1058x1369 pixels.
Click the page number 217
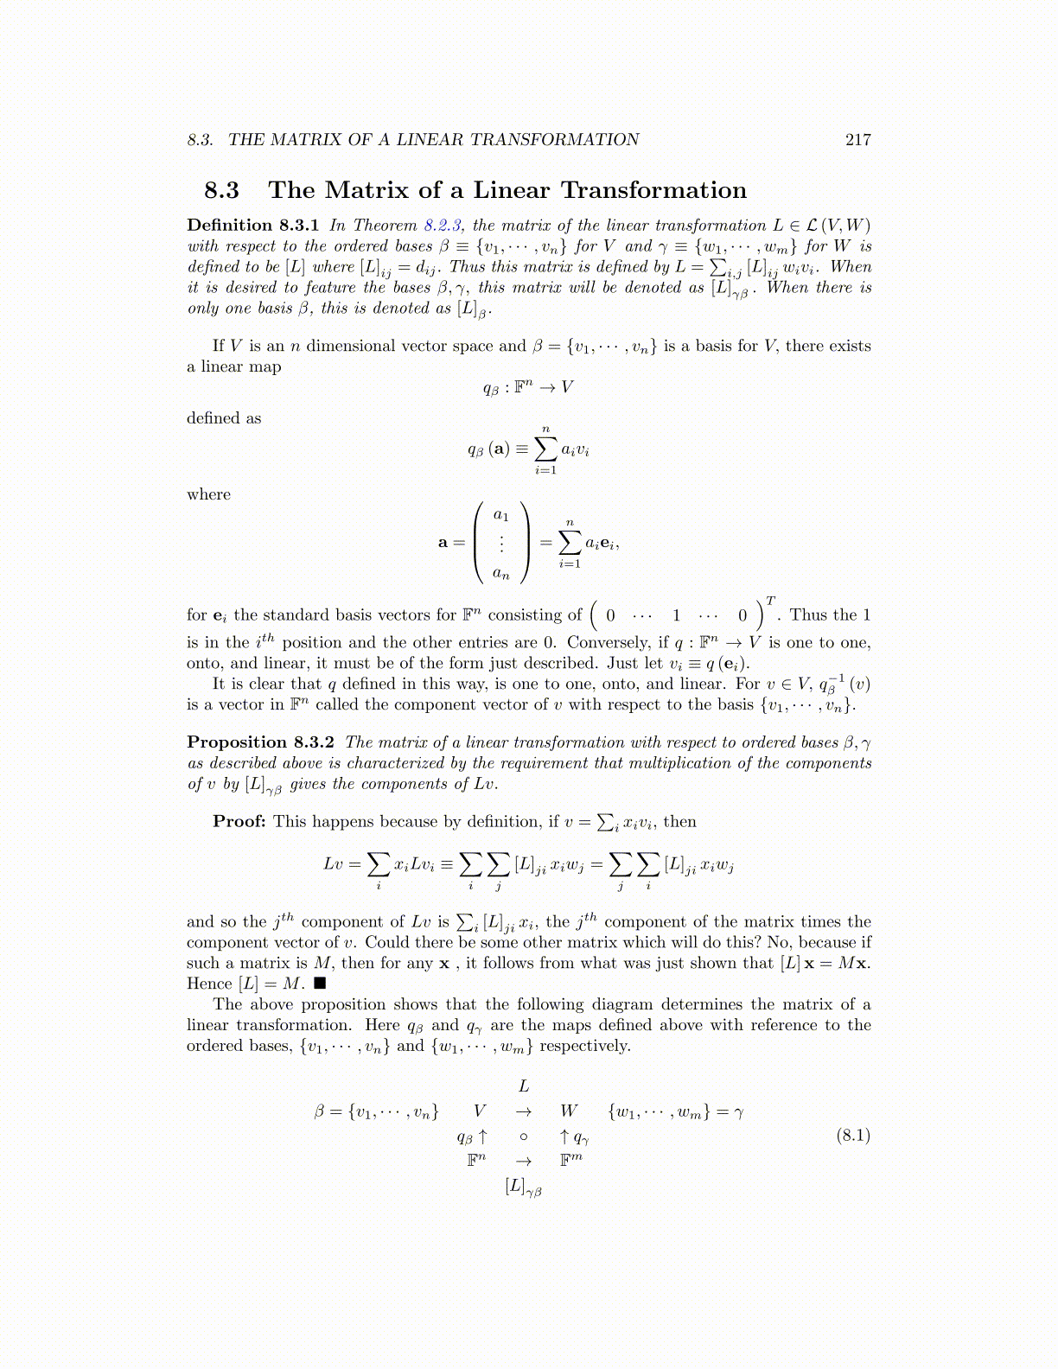[857, 140]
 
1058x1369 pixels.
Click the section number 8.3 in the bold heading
[221, 190]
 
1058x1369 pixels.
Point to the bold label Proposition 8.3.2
[261, 742]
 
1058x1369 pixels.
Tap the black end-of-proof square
[320, 984]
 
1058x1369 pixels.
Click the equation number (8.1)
[853, 1135]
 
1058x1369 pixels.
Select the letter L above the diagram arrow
[523, 1086]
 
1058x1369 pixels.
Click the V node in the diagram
[480, 1111]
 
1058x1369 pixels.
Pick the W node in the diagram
[569, 1111]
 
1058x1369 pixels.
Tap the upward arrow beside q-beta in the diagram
[482, 1136]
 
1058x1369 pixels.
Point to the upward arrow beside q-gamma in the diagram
[564, 1136]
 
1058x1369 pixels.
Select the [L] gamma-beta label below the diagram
[523, 1187]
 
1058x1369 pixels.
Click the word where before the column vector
[208, 494]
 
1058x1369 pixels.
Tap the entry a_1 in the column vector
[500, 515]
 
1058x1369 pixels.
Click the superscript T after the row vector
[770, 601]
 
